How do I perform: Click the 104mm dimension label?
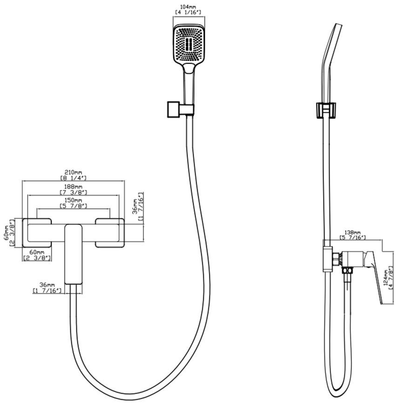[x=189, y=7]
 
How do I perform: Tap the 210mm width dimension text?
[x=73, y=172]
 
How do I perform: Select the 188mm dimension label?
[x=74, y=187]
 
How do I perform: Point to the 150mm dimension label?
[x=74, y=200]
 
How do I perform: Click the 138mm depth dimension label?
[x=352, y=233]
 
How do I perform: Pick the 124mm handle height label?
[x=386, y=278]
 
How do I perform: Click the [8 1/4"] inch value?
[x=74, y=178]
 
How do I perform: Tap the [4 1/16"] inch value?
[x=188, y=13]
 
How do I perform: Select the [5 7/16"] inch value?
[x=352, y=237]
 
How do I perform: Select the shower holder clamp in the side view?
[x=326, y=110]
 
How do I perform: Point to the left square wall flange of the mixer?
[x=37, y=233]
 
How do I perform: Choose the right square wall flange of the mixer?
[x=110, y=233]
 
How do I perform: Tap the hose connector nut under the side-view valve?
[x=347, y=270]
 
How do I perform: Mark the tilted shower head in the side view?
[x=331, y=62]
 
